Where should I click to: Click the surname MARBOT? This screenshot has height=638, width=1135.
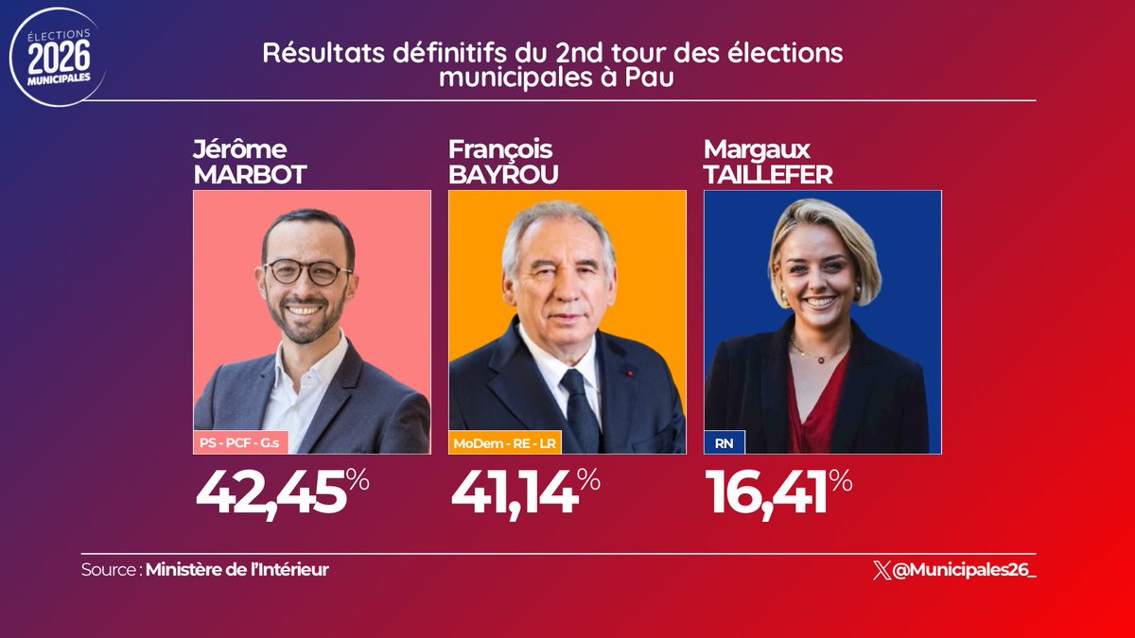pos(250,174)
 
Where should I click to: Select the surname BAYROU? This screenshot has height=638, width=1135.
pos(503,174)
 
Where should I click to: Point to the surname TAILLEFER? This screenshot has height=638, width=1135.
pos(768,174)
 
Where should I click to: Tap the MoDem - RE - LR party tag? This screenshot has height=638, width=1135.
pos(505,441)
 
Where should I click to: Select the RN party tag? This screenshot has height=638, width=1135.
pos(724,441)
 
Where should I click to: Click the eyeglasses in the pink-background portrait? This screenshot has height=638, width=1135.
pos(307,272)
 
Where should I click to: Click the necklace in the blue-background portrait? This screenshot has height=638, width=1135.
pos(819,355)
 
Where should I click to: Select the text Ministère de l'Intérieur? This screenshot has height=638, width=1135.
pos(237,570)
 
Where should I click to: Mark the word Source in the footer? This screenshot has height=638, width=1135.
pos(110,570)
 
